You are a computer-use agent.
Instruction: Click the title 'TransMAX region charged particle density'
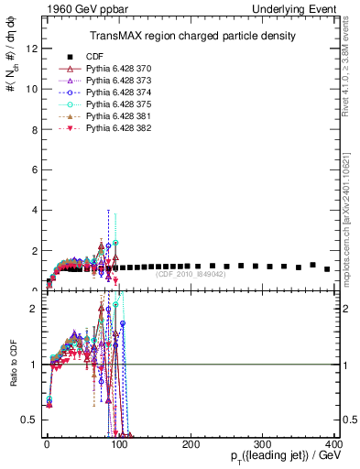(191, 36)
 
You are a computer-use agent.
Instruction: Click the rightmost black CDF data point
(327, 268)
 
